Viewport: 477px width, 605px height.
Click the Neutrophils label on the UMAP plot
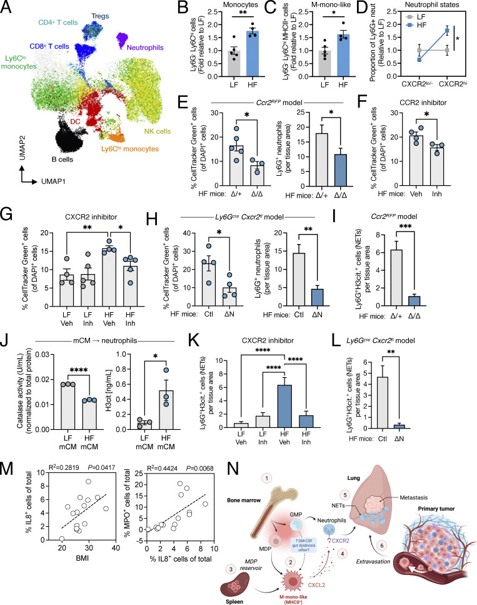143,46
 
